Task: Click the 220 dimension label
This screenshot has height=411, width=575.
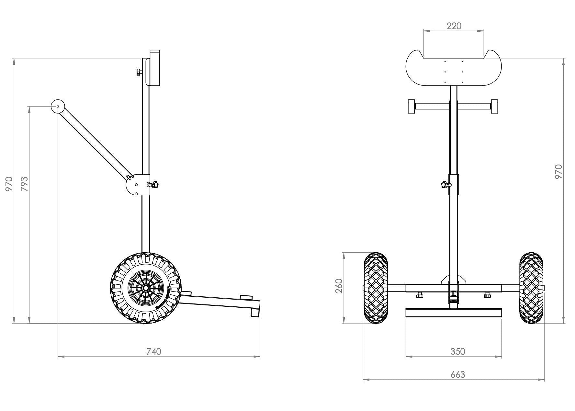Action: [454, 26]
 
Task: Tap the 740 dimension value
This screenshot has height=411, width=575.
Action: [153, 351]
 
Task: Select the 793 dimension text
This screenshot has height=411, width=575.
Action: [25, 184]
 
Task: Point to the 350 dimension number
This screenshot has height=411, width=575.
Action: [457, 351]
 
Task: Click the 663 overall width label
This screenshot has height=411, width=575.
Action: [457, 374]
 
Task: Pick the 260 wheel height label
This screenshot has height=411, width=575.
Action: [339, 286]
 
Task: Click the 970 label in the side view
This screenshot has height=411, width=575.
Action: [9, 184]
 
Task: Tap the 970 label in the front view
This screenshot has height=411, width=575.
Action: [559, 171]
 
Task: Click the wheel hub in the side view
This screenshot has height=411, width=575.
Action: [145, 288]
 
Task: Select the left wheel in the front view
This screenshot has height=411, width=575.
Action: [376, 288]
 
